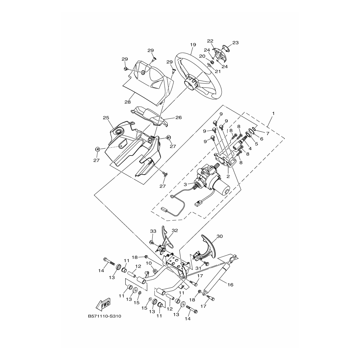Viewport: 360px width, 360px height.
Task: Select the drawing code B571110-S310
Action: point(104,316)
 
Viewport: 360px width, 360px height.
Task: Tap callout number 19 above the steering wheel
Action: point(193,45)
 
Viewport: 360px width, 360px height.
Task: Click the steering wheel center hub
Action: point(191,82)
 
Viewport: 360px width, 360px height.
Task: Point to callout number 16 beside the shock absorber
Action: point(230,285)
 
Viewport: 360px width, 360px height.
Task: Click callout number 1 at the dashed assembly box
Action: point(274,113)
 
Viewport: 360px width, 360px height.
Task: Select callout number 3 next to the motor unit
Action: point(185,184)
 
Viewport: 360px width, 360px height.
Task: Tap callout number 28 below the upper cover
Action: point(127,102)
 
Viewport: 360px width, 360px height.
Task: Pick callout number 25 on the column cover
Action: point(106,118)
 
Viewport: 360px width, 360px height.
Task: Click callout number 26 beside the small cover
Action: point(179,118)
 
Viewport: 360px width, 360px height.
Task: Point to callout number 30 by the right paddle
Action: point(220,236)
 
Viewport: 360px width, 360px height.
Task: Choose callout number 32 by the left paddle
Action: point(175,230)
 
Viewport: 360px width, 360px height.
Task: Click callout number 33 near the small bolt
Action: point(153,231)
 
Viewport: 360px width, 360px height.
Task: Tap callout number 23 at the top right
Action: point(235,43)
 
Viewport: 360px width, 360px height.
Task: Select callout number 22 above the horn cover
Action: point(210,41)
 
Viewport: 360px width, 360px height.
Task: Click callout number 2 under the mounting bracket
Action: point(228,176)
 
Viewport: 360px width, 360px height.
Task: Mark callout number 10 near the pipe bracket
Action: point(149,263)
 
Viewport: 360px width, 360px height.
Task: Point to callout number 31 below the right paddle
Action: point(198,268)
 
